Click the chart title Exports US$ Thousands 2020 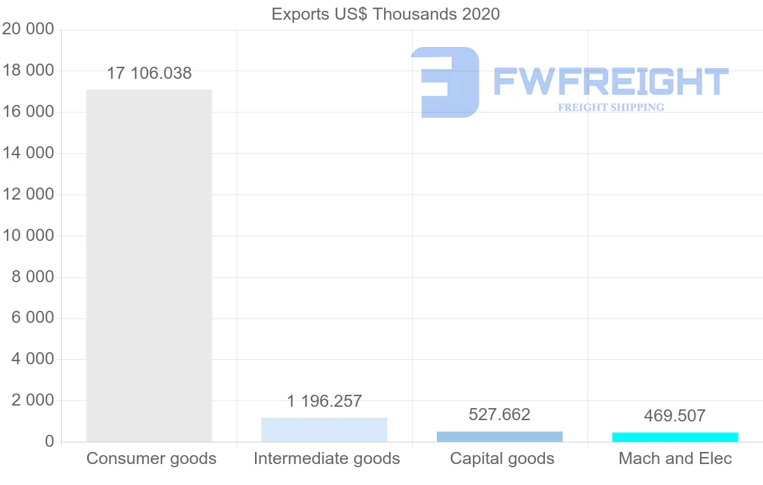coord(385,14)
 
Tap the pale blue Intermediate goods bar coord(324,430)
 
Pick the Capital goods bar coord(500,437)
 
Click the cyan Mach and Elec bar coord(675,437)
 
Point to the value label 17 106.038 coord(149,73)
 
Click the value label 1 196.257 coord(324,401)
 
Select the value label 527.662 coord(500,415)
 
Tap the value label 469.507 coord(675,416)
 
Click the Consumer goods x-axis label coord(151,458)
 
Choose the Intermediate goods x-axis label coord(327,458)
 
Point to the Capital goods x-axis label coord(502,458)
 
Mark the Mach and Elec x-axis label coord(675,458)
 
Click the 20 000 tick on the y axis coord(28,30)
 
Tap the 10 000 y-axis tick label coord(28,236)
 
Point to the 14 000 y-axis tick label coord(28,153)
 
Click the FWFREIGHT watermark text coord(611,81)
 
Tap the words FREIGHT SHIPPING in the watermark coord(611,107)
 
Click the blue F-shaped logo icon coord(445,82)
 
